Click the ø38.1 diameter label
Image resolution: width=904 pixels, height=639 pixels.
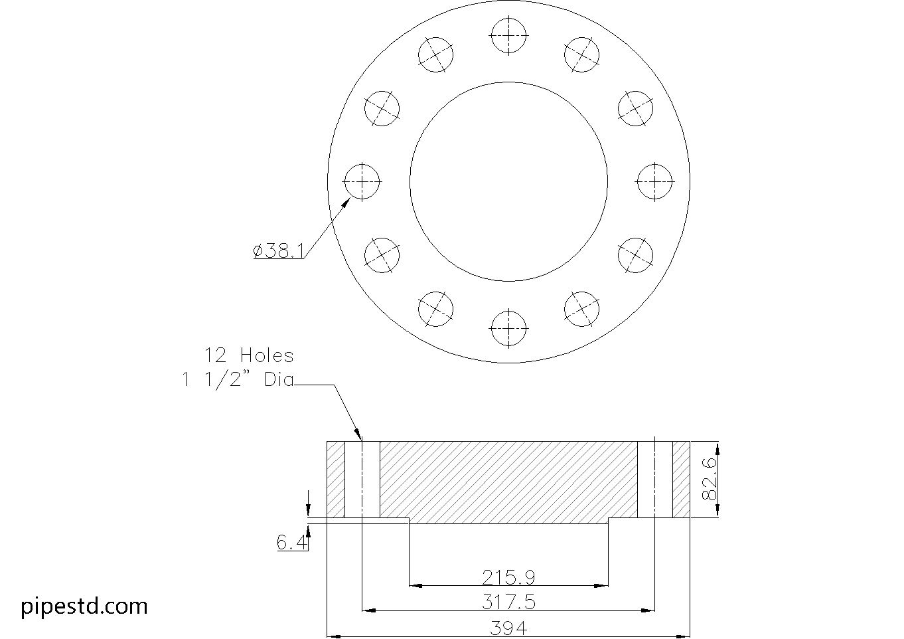pos(279,251)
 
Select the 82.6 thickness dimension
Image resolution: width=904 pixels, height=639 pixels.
pos(710,478)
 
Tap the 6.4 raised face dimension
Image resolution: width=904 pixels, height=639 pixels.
pos(292,543)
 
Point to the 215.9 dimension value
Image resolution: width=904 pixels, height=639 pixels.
pos(508,576)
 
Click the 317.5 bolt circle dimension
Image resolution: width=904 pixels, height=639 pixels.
pos(508,601)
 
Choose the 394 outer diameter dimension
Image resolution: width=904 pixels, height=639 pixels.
pos(508,627)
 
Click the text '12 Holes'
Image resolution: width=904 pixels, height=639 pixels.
pos(249,355)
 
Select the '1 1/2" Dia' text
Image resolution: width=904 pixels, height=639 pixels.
pos(238,380)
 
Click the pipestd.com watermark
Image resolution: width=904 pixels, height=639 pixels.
pos(85,606)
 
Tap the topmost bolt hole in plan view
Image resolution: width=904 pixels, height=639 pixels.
pos(508,35)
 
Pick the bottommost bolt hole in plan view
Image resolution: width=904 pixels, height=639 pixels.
pos(508,327)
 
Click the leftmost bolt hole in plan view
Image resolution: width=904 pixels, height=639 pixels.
pos(362,181)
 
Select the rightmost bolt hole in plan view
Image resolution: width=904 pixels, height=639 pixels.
pos(654,181)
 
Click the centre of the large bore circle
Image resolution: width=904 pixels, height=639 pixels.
pos(508,181)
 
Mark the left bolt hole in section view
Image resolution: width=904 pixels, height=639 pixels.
pos(362,479)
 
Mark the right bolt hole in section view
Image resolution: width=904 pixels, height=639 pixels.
pos(654,479)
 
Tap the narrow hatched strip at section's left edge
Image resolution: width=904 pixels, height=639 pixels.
pos(336,479)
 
